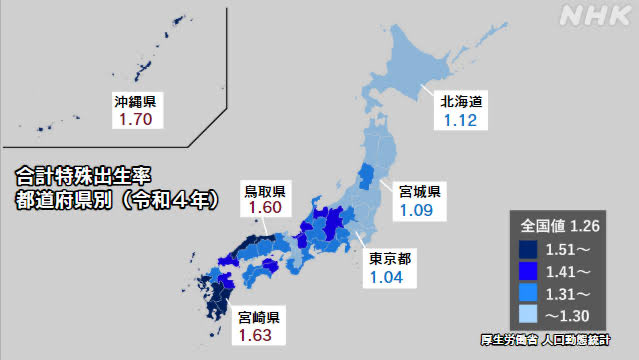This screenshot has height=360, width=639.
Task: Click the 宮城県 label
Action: (419, 190)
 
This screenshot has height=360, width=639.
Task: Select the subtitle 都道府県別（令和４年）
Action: (117, 198)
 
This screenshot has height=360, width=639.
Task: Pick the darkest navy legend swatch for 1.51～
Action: (527, 247)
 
